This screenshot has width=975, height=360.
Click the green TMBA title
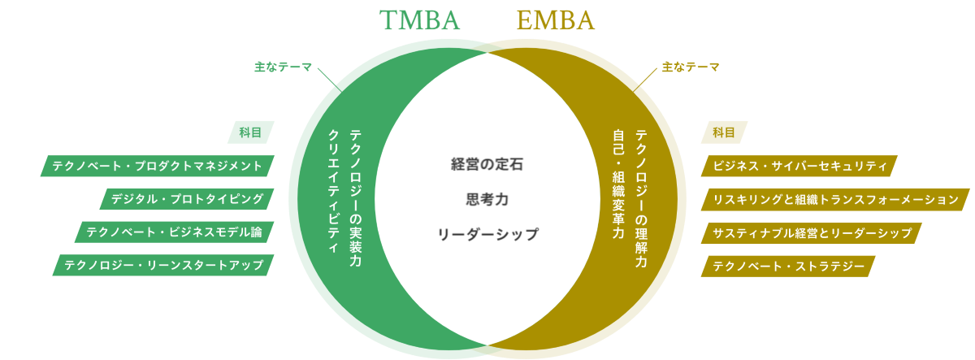click(x=420, y=20)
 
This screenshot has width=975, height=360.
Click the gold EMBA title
click(x=555, y=20)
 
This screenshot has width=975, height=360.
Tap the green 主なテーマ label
click(x=283, y=67)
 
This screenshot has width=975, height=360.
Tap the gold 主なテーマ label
click(x=691, y=67)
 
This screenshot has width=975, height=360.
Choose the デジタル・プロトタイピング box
click(x=188, y=199)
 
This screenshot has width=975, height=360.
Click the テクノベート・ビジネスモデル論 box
click(x=174, y=232)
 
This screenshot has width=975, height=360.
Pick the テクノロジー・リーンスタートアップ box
click(x=163, y=266)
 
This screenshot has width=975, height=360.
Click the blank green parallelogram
click(x=251, y=132)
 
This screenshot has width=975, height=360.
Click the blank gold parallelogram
click(x=723, y=132)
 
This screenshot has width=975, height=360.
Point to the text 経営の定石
click(x=487, y=164)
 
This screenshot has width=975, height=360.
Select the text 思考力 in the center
click(x=487, y=199)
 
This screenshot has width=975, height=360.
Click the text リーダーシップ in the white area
click(x=487, y=234)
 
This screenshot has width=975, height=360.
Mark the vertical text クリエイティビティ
click(x=332, y=192)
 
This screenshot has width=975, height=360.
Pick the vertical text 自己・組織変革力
click(x=618, y=184)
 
